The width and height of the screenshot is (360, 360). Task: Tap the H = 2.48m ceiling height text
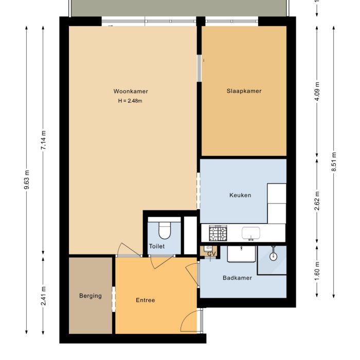coord(130,101)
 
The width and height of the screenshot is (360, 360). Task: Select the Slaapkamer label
coord(244,91)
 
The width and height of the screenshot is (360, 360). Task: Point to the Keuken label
coord(240,195)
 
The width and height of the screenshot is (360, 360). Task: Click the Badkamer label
coord(237,278)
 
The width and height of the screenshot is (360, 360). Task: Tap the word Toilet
coord(156,246)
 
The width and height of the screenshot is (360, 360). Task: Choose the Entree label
coord(145,300)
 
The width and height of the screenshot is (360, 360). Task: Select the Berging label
coord(90,296)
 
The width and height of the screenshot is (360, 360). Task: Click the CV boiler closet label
coord(211,254)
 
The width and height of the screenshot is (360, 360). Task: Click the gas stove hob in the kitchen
coord(217,233)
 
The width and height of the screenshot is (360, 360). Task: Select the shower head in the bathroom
coord(274,254)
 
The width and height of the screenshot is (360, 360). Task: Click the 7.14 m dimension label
coord(43,139)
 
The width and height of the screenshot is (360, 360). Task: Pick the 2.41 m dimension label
coord(43,295)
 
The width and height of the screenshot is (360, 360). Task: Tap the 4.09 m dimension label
coord(317,92)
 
